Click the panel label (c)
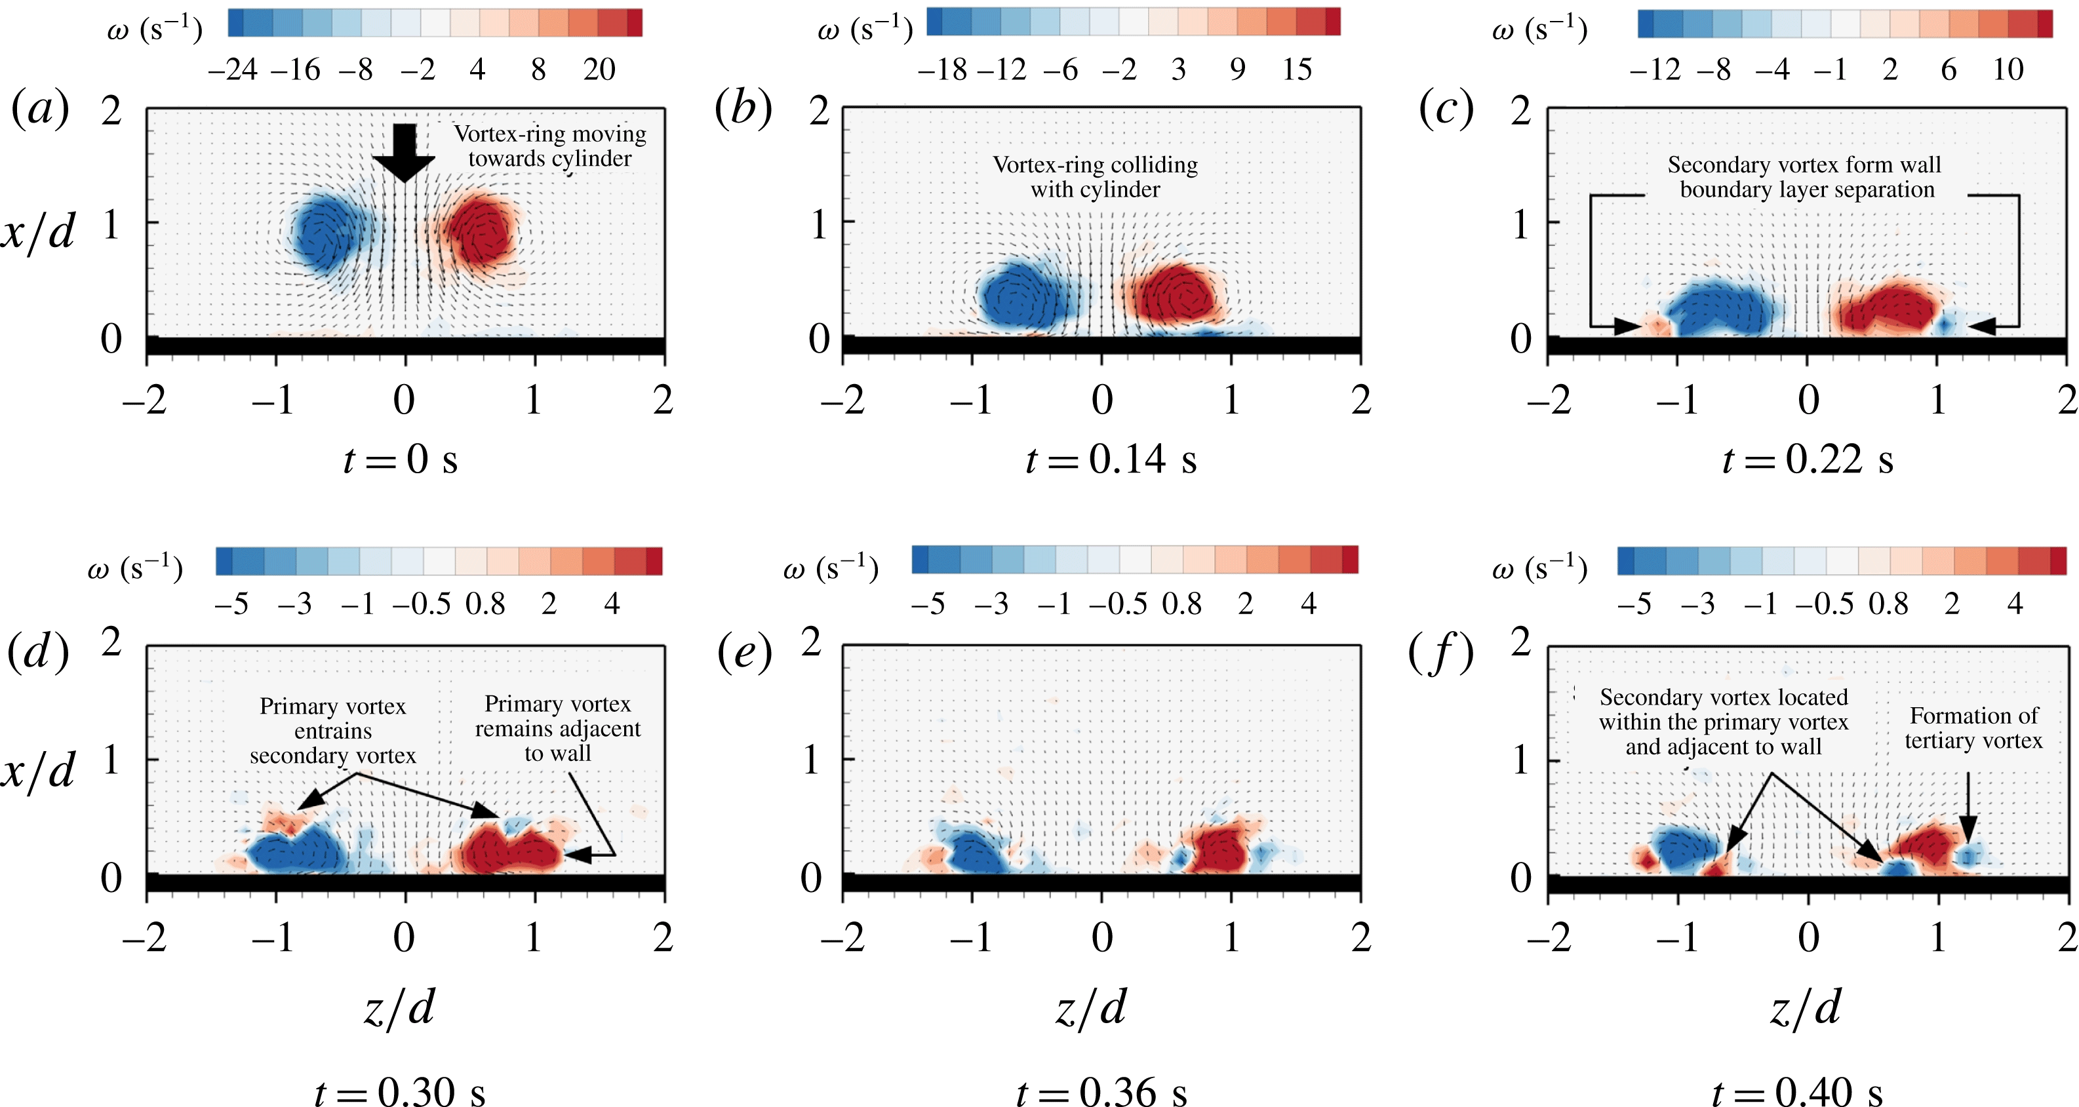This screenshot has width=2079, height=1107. (1446, 109)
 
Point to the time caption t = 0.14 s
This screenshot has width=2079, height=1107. (1111, 460)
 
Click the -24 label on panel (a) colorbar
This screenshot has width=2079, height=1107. (233, 70)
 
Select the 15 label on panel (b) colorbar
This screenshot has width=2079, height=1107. (1297, 70)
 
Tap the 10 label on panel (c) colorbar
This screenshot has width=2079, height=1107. (2008, 70)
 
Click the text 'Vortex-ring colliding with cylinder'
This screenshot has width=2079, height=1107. (1095, 177)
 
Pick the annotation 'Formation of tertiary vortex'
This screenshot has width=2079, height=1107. (1973, 728)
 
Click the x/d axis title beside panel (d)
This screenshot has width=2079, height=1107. (38, 771)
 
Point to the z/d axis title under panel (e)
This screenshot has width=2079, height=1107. (1091, 1009)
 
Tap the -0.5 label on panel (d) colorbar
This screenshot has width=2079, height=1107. (422, 604)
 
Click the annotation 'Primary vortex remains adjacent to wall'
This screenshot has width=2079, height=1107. (558, 729)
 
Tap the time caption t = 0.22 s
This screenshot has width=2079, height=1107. (1807, 460)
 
